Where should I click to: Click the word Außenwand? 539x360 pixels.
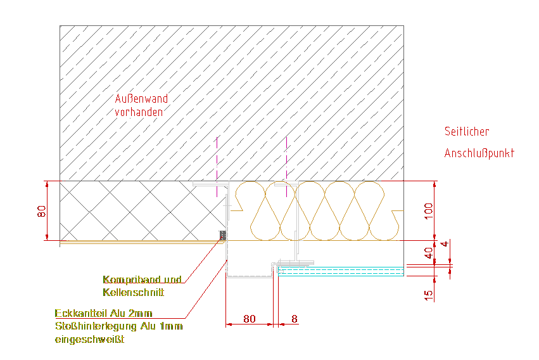(x=141, y=99)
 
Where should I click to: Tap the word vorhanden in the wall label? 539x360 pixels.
(x=139, y=112)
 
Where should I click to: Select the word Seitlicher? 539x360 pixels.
(x=467, y=132)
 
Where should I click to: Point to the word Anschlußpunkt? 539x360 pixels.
(x=479, y=153)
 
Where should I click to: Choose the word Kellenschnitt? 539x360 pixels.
(x=133, y=292)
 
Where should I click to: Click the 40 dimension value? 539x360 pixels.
(x=428, y=252)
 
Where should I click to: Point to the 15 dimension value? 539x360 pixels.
(x=428, y=294)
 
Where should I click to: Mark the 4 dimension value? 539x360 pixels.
(x=445, y=244)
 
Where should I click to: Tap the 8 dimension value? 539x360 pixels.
(x=295, y=319)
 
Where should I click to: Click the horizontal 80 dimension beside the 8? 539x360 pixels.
(x=250, y=319)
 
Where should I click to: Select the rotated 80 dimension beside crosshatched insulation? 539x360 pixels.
(x=42, y=211)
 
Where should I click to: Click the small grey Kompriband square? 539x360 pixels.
(x=222, y=236)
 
